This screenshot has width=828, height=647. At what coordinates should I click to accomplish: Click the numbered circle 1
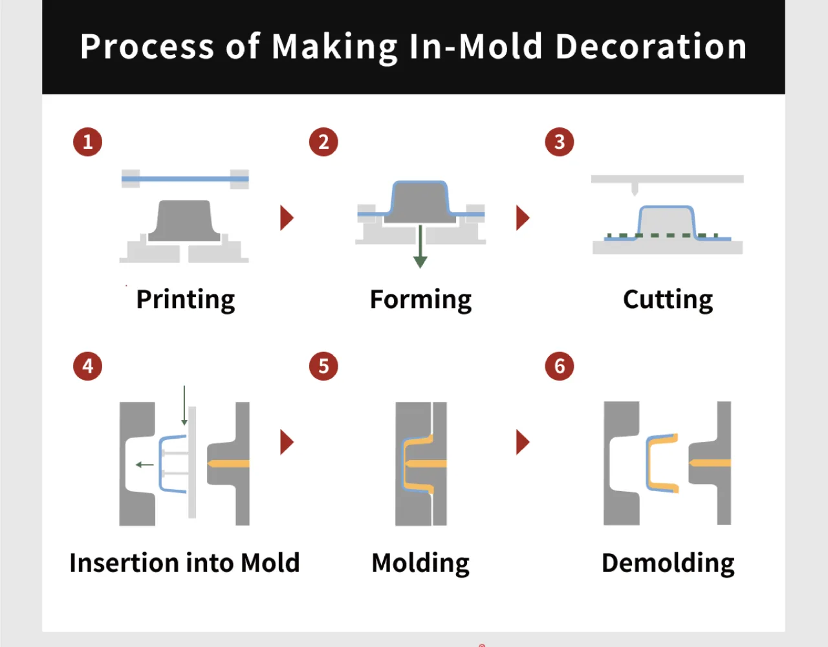pos(87,142)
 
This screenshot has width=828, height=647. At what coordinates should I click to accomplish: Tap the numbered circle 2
pos(323,142)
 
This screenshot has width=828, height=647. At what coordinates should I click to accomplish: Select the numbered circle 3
pos(560,142)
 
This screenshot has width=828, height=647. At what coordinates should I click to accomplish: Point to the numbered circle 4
pos(87,366)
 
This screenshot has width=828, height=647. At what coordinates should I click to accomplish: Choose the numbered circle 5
pos(323,366)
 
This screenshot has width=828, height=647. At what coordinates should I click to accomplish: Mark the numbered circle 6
pos(560,366)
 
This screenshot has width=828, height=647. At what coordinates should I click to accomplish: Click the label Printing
pos(186,300)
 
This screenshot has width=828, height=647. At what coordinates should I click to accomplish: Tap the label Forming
pos(420,300)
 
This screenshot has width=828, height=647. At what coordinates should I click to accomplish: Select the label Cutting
pos(668,300)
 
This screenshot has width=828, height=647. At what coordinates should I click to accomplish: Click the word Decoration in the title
pos(651,47)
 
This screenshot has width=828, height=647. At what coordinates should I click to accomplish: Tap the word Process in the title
pos(147,47)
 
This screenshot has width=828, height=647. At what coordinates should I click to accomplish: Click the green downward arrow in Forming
pos(420,247)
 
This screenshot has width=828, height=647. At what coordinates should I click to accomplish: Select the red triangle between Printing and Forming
pos(286,218)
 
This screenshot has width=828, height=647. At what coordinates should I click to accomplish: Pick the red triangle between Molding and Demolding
pos(522,442)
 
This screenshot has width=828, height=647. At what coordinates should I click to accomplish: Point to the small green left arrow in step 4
pos(145,465)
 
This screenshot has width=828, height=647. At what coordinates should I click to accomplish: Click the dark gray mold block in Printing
pos(184,221)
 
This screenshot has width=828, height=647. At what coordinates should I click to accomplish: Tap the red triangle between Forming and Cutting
pos(522,218)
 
